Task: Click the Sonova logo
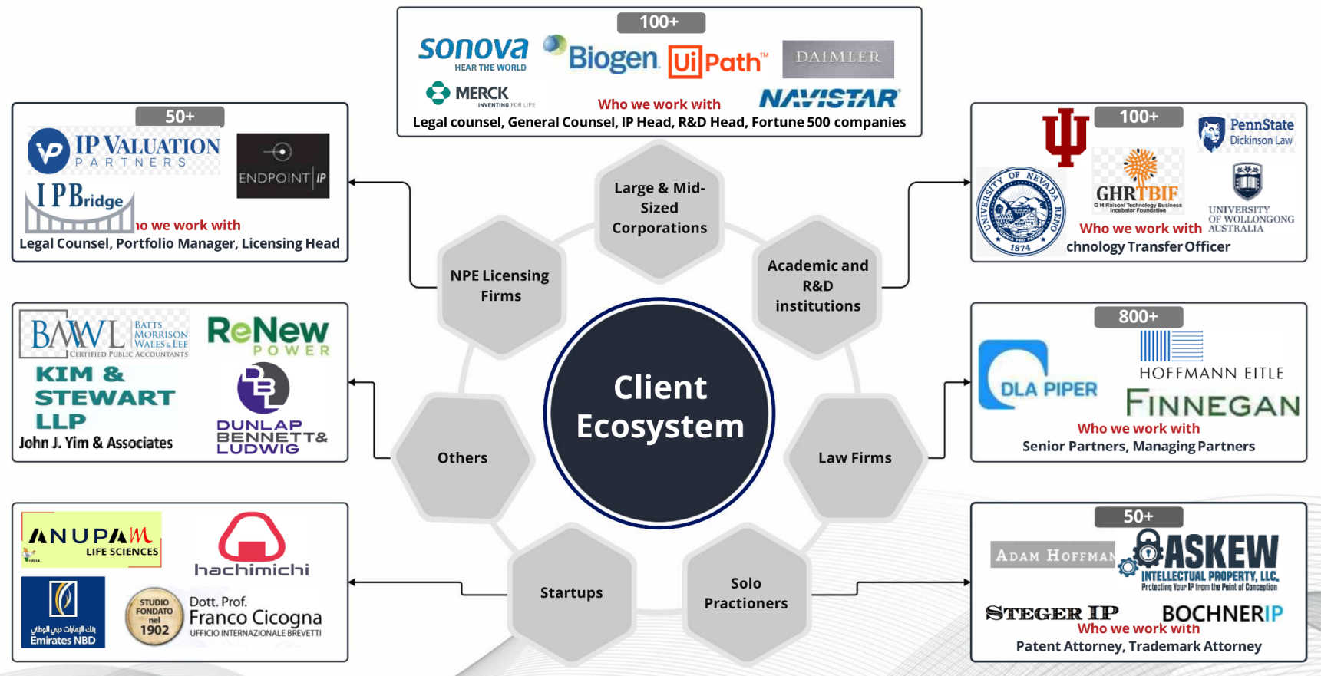click(x=474, y=53)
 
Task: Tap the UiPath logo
click(x=717, y=61)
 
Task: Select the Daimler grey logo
click(x=838, y=58)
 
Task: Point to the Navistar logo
click(x=830, y=99)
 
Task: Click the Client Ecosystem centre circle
click(x=659, y=413)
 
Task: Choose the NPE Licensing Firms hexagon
click(x=500, y=285)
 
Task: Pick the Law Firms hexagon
click(x=854, y=458)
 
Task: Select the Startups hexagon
click(x=572, y=592)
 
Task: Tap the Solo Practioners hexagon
click(x=746, y=593)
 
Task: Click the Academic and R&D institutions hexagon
click(x=817, y=285)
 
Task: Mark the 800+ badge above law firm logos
click(x=1138, y=316)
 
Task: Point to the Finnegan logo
click(x=1212, y=404)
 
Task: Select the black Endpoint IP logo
click(x=282, y=166)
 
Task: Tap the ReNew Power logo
click(x=268, y=336)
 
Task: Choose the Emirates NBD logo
click(x=63, y=612)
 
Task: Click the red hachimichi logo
click(x=252, y=545)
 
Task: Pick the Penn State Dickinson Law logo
click(x=1246, y=132)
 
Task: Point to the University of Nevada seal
click(x=1020, y=212)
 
